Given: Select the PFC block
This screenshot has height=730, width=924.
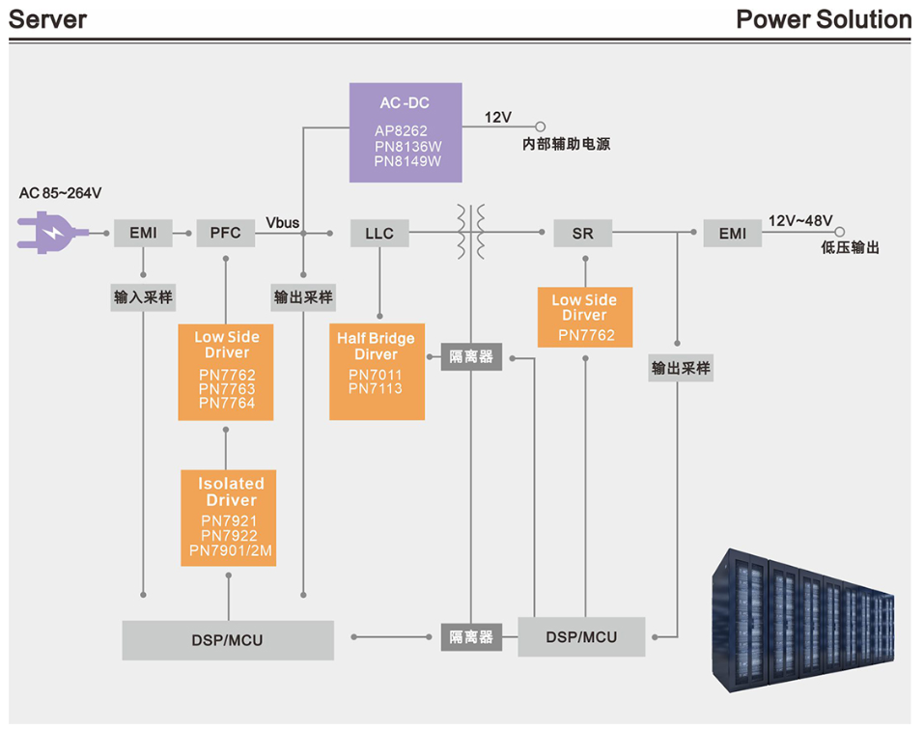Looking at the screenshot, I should pos(225,233).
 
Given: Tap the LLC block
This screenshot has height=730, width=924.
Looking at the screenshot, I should pos(379,234).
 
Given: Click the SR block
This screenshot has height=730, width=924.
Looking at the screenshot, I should pos(582,234).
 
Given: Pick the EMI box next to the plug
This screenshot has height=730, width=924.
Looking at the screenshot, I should pos(143,233).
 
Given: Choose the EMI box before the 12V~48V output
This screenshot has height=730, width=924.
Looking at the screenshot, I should pos(732,234).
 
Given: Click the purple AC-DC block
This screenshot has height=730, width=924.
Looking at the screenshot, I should pos(406,132).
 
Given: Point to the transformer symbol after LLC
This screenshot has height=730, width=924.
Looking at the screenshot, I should pos(470,232).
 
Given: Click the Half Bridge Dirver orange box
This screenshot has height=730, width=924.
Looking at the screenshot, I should pos(377,371).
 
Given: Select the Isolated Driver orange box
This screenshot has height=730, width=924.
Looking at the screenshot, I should pos(229,518).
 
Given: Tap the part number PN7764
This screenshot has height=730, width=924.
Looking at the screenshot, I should pos(227,404).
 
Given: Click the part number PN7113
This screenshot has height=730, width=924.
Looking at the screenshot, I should pos(376,389).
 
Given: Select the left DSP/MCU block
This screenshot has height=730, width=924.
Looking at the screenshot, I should pos(228,640).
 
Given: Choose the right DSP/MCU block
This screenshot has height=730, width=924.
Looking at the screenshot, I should pos(581,637).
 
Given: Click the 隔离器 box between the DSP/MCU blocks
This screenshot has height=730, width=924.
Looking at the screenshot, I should pos(471,637).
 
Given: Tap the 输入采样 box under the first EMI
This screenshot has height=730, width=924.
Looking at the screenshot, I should pos(143,297).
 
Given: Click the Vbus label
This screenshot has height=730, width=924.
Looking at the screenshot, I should pos(283,223).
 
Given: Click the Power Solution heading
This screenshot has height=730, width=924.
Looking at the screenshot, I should pos(823,19).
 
